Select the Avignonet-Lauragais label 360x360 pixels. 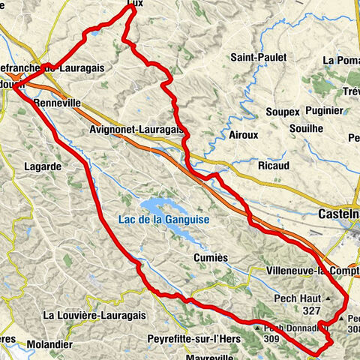click(x=136, y=129)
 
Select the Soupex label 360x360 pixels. click(x=283, y=112)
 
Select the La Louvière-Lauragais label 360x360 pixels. click(x=91, y=316)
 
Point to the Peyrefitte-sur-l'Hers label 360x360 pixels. click(x=192, y=338)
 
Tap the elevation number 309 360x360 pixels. click(x=273, y=338)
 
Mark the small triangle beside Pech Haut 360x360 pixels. click(x=328, y=298)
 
